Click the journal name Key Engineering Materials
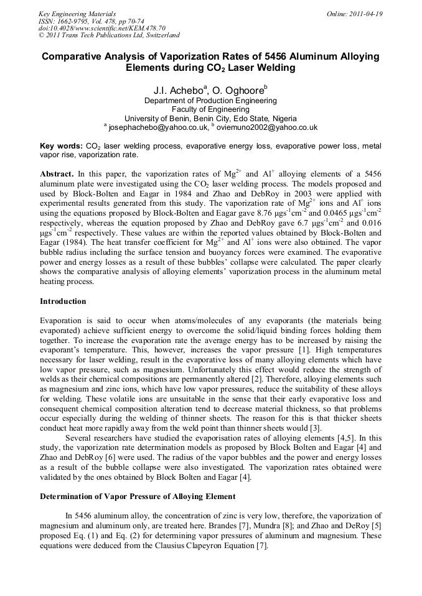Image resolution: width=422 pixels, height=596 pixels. pos(77,14)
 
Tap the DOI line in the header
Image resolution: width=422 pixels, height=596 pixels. pos(101,29)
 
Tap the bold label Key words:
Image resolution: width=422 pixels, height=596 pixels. pos(60,145)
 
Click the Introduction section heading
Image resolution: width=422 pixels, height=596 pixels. pos(63,301)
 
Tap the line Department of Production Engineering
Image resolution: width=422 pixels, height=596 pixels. pos(210,101)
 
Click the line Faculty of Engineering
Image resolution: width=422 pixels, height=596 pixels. pos(210,109)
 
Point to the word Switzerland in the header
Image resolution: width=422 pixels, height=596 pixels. pos(159,36)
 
